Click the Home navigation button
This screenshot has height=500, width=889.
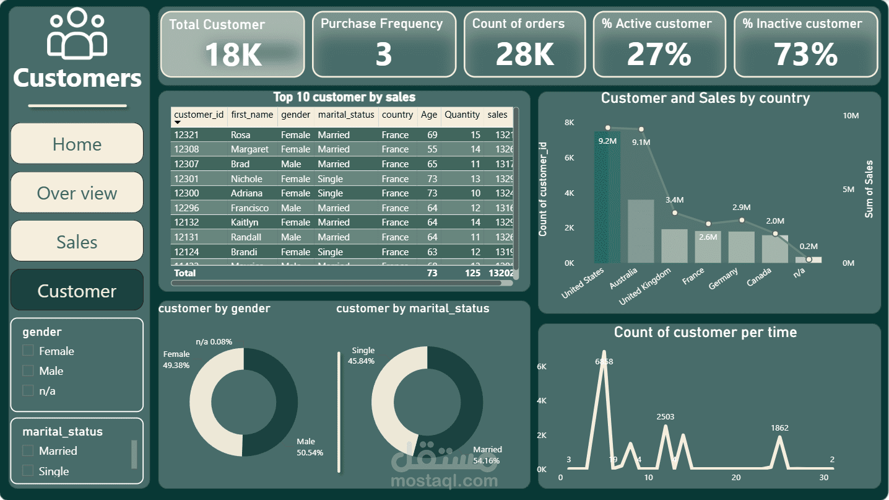(77, 144)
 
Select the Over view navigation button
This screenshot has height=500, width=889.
(77, 193)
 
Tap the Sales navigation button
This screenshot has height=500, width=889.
(77, 242)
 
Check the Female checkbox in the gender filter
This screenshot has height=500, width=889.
(28, 351)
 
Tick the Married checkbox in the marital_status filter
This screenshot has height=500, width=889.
(28, 450)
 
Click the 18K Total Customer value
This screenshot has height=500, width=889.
(233, 54)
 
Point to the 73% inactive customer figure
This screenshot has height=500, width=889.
(805, 54)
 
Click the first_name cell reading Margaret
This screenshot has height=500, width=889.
(249, 149)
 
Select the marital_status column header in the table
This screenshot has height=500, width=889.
(346, 115)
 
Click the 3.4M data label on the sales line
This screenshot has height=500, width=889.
(674, 200)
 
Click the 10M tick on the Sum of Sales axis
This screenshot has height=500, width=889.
(851, 116)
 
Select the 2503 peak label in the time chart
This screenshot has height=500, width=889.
(666, 417)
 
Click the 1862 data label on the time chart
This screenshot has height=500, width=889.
(779, 428)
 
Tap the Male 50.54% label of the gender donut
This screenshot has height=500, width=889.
(310, 447)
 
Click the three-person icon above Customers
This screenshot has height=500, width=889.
(77, 34)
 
